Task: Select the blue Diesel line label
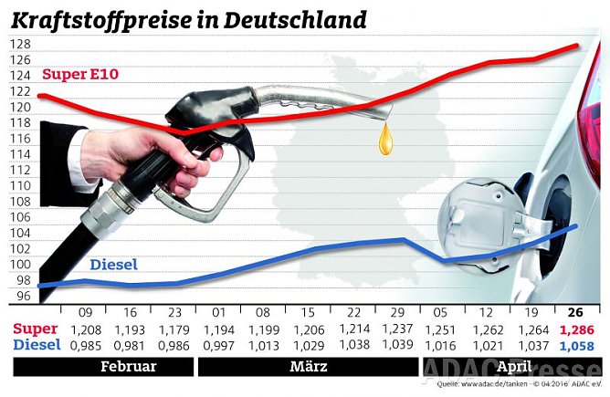point(114,265)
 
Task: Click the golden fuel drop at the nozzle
point(388,139)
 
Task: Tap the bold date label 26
point(576,312)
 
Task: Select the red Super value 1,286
point(576,329)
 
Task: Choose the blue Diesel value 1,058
point(576,346)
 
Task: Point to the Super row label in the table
point(36,329)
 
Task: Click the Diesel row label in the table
point(36,346)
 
